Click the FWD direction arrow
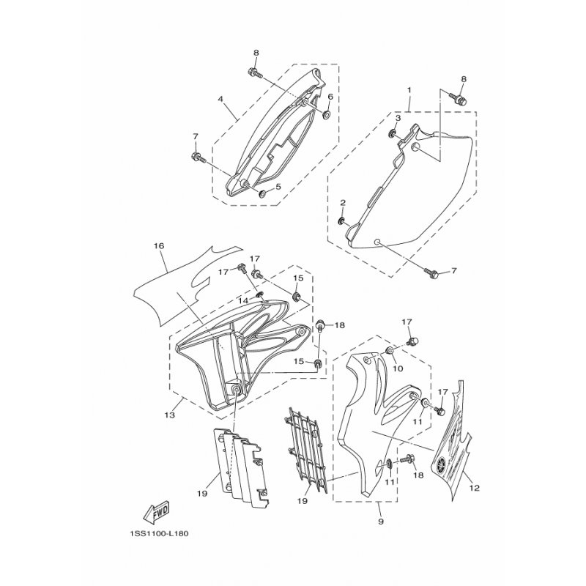pyautogui.click(x=156, y=511)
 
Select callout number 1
pyautogui.click(x=409, y=90)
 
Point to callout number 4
pyautogui.click(x=220, y=99)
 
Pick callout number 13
pyautogui.click(x=170, y=415)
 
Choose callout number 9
pyautogui.click(x=381, y=521)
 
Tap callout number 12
pyautogui.click(x=474, y=488)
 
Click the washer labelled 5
pyautogui.click(x=262, y=193)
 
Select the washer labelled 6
pyautogui.click(x=326, y=114)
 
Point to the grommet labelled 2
pyautogui.click(x=341, y=222)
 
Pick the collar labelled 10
pyautogui.click(x=389, y=351)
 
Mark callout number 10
pyautogui.click(x=398, y=368)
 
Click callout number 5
pyautogui.click(x=278, y=187)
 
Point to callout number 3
pyautogui.click(x=398, y=118)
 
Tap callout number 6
pyautogui.click(x=330, y=97)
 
